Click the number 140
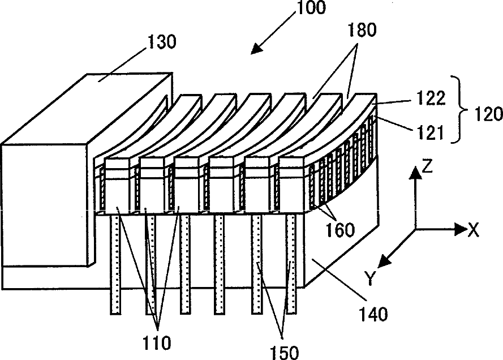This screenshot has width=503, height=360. click(x=372, y=311)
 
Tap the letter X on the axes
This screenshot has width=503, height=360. click(x=474, y=229)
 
